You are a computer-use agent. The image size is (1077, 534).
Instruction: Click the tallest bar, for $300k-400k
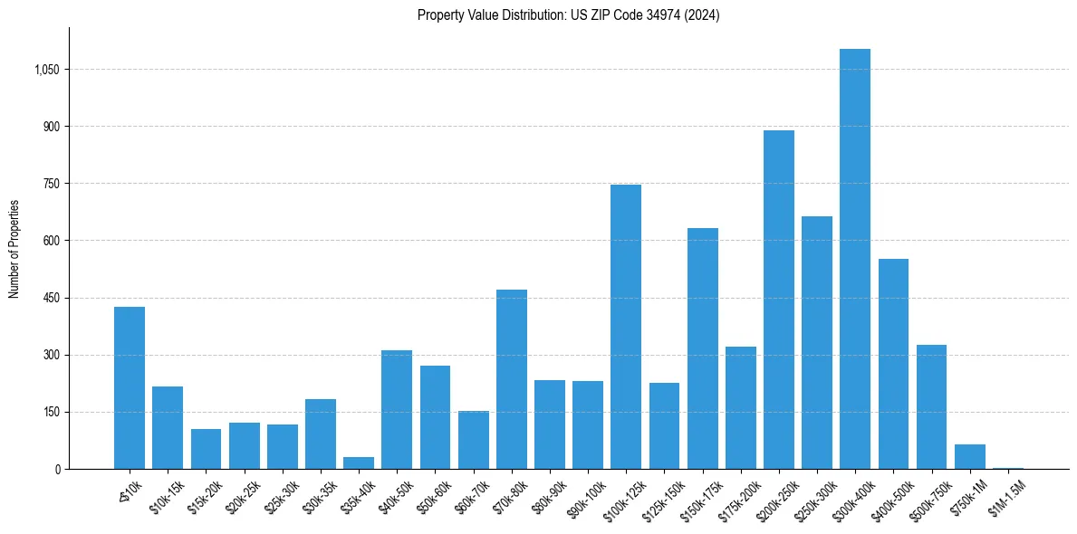tap(854, 259)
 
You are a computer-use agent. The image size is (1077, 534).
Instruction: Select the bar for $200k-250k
tap(778, 300)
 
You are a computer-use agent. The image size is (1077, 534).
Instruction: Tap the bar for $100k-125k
tap(625, 327)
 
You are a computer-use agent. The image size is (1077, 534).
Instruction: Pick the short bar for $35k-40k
tap(359, 463)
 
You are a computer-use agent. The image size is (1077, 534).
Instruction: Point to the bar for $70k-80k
tap(511, 379)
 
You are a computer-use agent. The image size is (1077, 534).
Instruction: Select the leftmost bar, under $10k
tap(130, 387)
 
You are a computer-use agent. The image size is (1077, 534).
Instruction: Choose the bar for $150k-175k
tap(702, 348)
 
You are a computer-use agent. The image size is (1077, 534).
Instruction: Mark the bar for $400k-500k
tap(893, 364)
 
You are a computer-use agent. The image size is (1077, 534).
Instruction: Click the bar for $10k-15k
tap(168, 427)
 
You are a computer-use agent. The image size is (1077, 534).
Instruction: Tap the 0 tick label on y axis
tap(57, 469)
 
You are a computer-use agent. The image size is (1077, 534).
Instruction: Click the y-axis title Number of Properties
tap(14, 248)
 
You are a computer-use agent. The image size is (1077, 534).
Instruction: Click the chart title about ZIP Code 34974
tap(568, 14)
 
